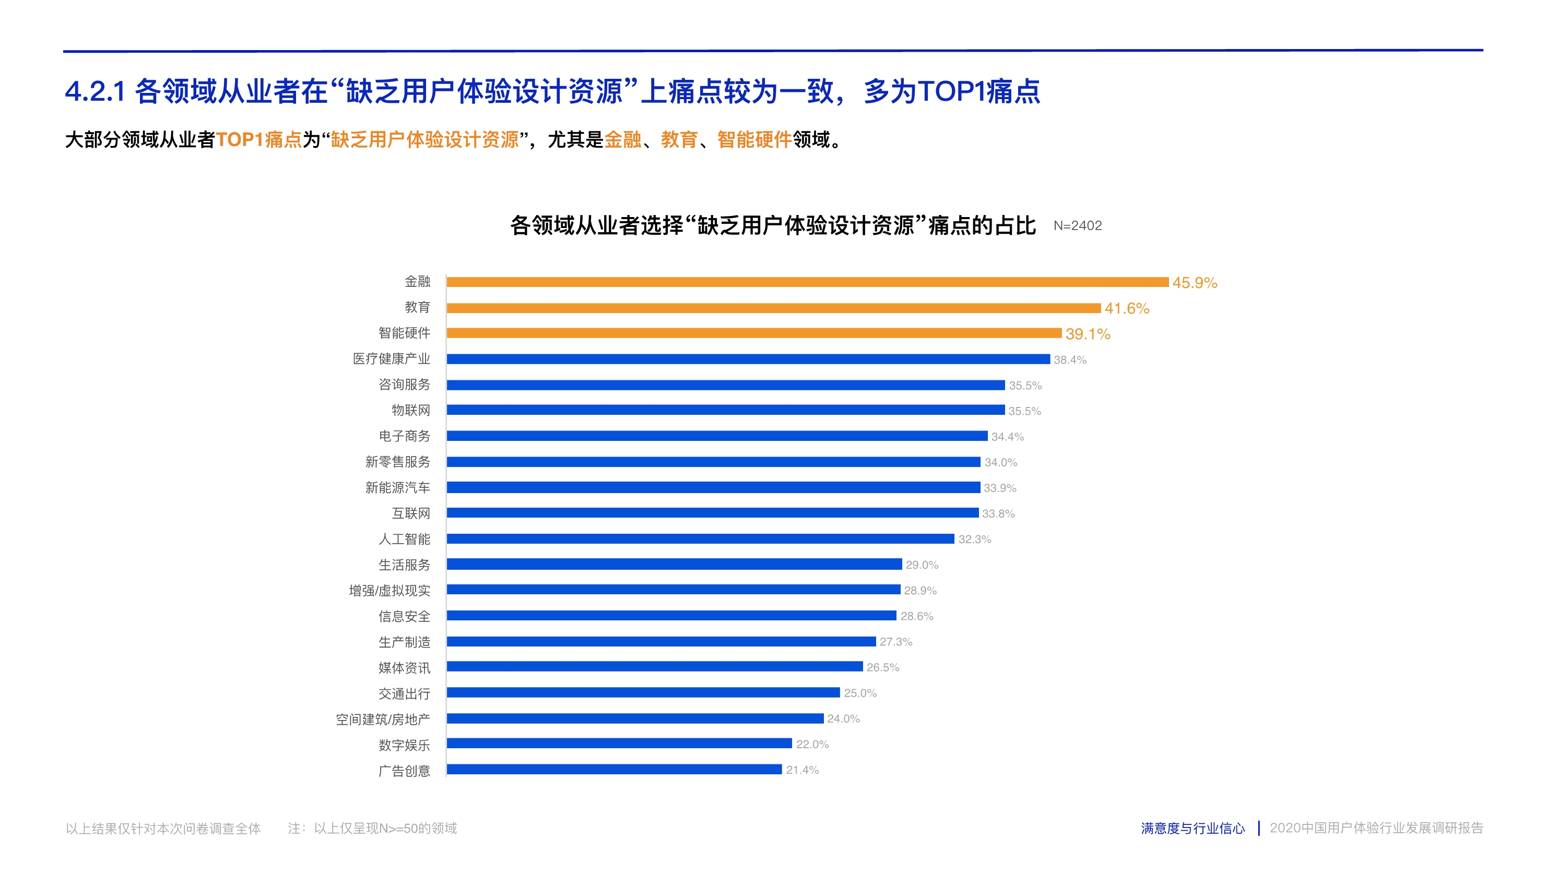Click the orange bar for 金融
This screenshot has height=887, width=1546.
807,282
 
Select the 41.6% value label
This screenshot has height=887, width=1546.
1127,308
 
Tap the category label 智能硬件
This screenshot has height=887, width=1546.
404,333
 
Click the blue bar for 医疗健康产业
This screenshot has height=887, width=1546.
748,359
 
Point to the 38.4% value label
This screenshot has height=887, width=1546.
1070,360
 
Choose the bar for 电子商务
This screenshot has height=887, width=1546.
717,436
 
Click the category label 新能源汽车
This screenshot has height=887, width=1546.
397,487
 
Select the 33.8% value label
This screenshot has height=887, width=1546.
998,513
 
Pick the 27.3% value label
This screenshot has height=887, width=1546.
895,642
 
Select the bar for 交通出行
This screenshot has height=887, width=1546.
643,693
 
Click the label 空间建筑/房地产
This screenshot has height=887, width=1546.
383,720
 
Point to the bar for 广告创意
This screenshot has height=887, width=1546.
614,770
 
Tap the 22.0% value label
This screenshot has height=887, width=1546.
812,745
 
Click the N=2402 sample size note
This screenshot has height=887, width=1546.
1077,226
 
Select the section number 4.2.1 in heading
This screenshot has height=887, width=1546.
95,92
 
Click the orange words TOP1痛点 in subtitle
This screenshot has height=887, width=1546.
258,140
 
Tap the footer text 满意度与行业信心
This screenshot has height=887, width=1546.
1193,829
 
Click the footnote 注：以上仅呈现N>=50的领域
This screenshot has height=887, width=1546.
372,829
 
